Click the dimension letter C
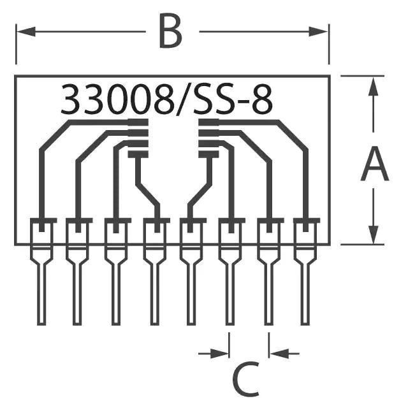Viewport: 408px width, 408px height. [246, 379]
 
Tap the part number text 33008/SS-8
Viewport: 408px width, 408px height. [166, 100]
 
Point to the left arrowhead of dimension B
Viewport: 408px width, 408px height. [23, 31]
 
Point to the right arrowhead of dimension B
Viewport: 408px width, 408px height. [322, 31]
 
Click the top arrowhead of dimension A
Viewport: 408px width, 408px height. [374, 86]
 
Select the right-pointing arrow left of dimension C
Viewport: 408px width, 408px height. [221, 353]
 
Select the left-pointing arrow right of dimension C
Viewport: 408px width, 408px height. [278, 353]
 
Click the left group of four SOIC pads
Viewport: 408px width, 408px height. [138, 138]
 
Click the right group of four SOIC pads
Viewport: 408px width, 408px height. [208, 138]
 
